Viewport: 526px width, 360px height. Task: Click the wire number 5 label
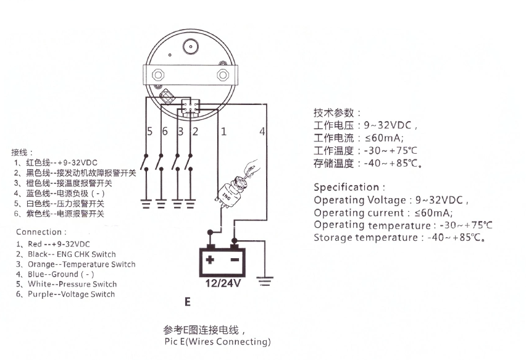(149, 132)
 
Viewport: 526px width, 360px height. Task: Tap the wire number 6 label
(164, 132)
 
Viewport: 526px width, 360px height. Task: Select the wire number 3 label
(180, 132)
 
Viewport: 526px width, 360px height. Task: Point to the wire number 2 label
(194, 132)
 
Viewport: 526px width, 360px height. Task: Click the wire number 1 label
(223, 132)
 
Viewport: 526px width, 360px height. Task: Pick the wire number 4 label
(262, 132)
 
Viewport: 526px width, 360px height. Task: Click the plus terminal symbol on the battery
(210, 259)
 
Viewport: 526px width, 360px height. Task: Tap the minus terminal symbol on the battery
(235, 259)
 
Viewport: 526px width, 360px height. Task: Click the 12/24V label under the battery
(222, 285)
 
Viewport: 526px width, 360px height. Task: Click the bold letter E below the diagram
(187, 303)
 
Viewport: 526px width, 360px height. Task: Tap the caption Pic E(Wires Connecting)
(217, 341)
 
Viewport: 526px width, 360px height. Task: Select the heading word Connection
(39, 232)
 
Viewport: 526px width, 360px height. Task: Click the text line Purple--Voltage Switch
(71, 295)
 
